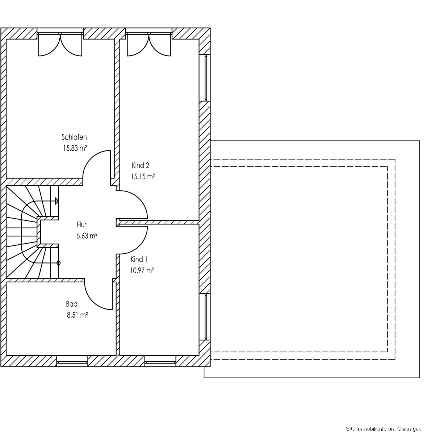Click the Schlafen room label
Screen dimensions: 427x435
pyautogui.click(x=74, y=137)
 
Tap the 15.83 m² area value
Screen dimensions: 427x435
pyautogui.click(x=75, y=148)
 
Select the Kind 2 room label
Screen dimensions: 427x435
pyautogui.click(x=141, y=165)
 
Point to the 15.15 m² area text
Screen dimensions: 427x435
pyautogui.click(x=143, y=177)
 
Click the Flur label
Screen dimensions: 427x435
pyautogui.click(x=81, y=225)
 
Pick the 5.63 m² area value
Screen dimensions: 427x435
pyautogui.click(x=87, y=236)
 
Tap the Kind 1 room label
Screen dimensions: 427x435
pyautogui.click(x=139, y=260)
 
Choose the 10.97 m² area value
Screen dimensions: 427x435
pyautogui.click(x=142, y=270)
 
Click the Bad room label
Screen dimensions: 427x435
pyautogui.click(x=72, y=304)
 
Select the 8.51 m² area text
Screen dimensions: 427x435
pyautogui.click(x=78, y=315)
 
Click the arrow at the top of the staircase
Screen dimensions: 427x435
pyautogui.click(x=57, y=201)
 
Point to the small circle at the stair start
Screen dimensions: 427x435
pyautogui.click(x=59, y=263)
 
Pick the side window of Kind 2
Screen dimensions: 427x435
pyautogui.click(x=206, y=78)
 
